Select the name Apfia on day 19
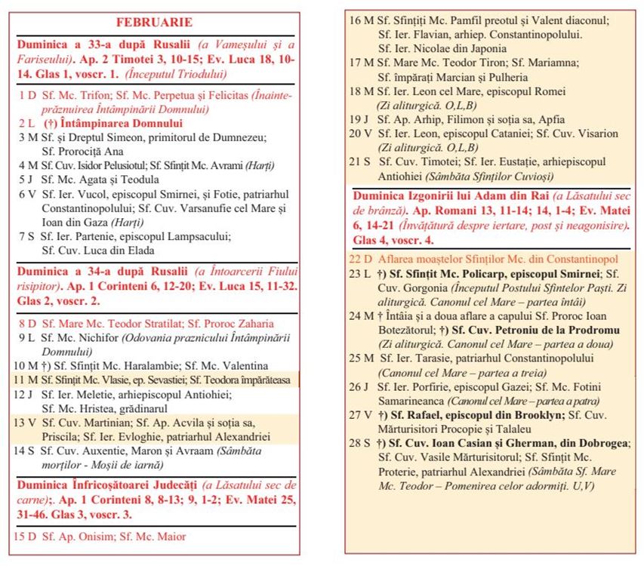[548, 119]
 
